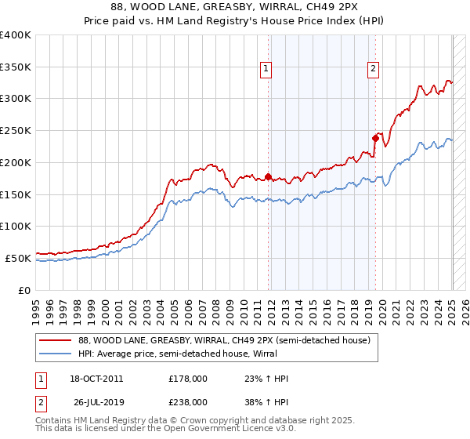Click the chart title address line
click(235, 8)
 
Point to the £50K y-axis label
click(17, 258)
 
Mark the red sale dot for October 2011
click(269, 176)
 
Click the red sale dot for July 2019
click(376, 139)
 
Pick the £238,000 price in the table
click(188, 401)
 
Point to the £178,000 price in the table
click(188, 379)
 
